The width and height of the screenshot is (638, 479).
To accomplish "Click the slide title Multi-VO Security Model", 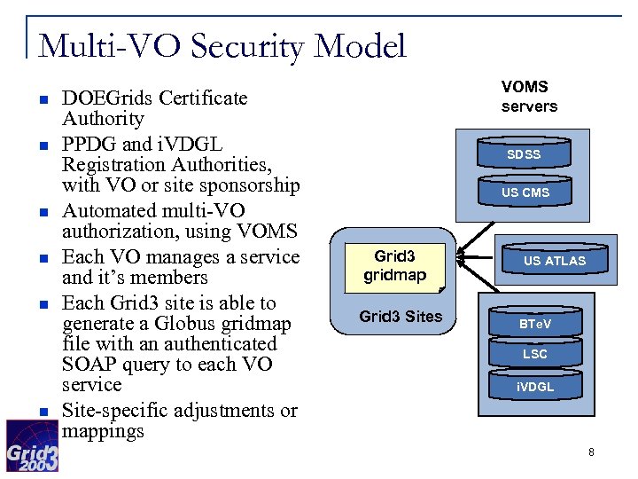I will (x=222, y=44).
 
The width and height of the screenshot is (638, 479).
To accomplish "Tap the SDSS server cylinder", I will (x=524, y=154).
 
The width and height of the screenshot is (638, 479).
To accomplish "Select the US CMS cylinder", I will (x=525, y=192).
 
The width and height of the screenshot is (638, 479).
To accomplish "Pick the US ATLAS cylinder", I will (x=554, y=261).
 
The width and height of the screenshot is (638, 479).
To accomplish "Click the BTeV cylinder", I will (x=534, y=325).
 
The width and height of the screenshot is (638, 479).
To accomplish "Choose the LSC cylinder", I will (x=534, y=354).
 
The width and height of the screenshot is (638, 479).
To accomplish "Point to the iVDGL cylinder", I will (x=534, y=387).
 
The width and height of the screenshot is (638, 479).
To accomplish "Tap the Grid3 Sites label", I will (x=401, y=317).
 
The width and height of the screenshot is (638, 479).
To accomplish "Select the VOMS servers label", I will (x=529, y=97).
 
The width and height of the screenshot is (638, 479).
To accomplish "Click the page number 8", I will (x=591, y=452).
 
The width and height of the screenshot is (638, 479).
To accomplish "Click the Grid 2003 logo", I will (x=33, y=444).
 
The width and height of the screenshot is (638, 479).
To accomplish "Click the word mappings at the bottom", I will (x=103, y=432).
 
